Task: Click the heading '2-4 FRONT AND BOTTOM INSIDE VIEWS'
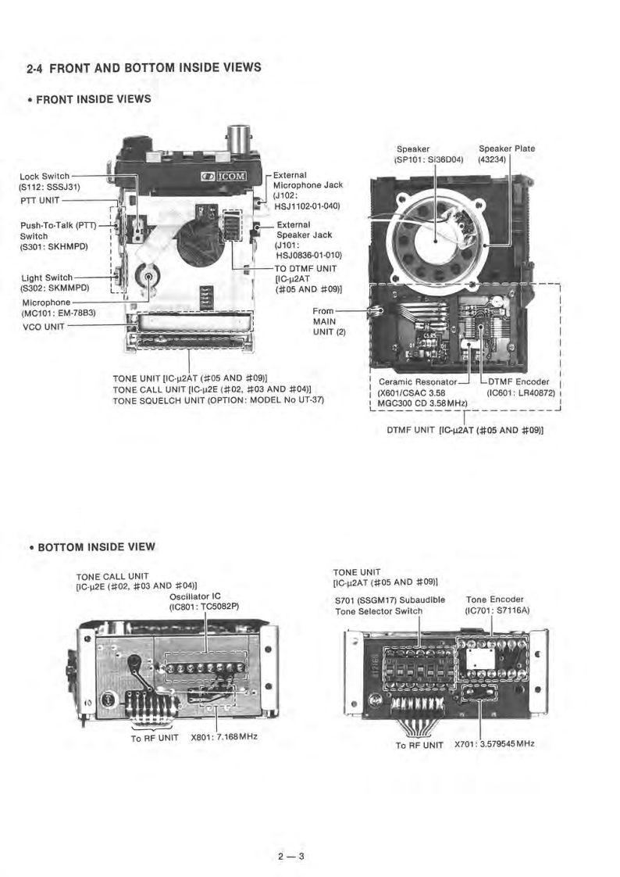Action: point(143,68)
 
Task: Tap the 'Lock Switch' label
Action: point(45,176)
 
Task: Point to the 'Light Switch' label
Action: point(47,277)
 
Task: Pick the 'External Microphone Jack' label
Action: point(307,184)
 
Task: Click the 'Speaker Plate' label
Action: point(507,149)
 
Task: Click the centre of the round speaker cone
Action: point(436,238)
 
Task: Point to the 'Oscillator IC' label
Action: point(194,596)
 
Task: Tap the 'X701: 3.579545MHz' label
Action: point(494,743)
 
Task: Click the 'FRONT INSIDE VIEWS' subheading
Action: point(93,99)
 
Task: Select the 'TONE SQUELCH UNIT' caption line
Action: point(219,399)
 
